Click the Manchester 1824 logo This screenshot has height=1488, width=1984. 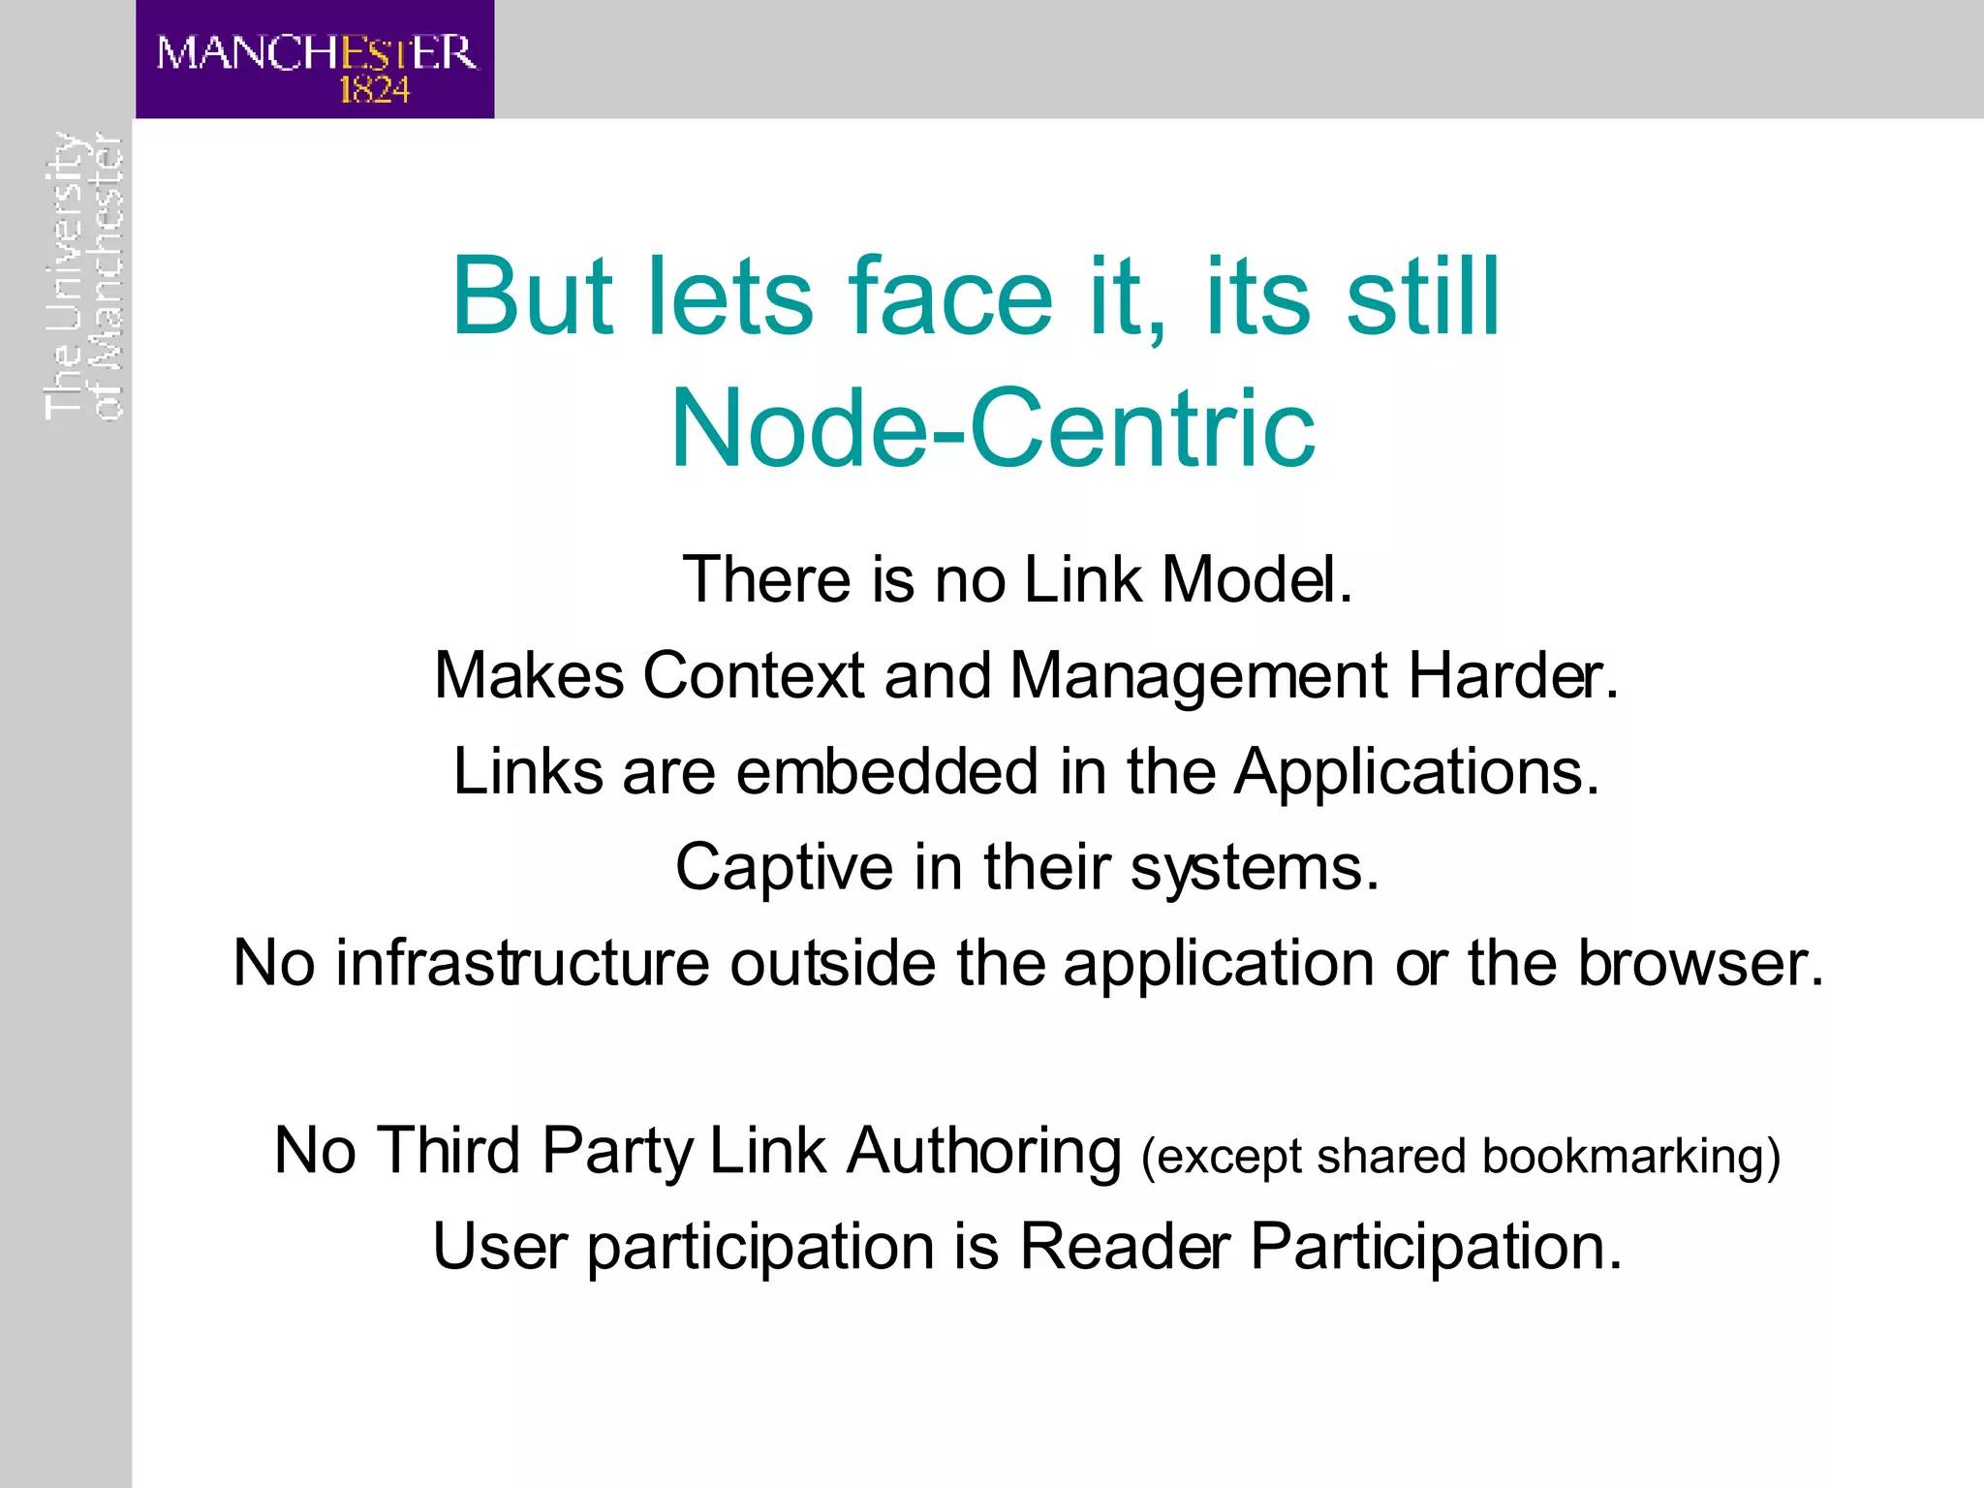315,60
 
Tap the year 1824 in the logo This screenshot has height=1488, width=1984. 374,90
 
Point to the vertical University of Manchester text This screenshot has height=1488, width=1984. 84,276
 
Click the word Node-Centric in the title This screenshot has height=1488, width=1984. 992,428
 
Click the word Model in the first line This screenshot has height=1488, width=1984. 1255,579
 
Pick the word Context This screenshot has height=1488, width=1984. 753,675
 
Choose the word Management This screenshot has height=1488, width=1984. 1198,675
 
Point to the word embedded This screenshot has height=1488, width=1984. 887,772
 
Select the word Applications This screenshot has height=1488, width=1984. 1415,772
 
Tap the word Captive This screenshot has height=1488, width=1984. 784,867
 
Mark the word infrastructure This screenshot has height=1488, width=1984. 522,963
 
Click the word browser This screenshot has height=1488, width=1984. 1700,963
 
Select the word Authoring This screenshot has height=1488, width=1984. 983,1152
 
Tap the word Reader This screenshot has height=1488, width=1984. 1125,1246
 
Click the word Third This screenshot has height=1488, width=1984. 448,1151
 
